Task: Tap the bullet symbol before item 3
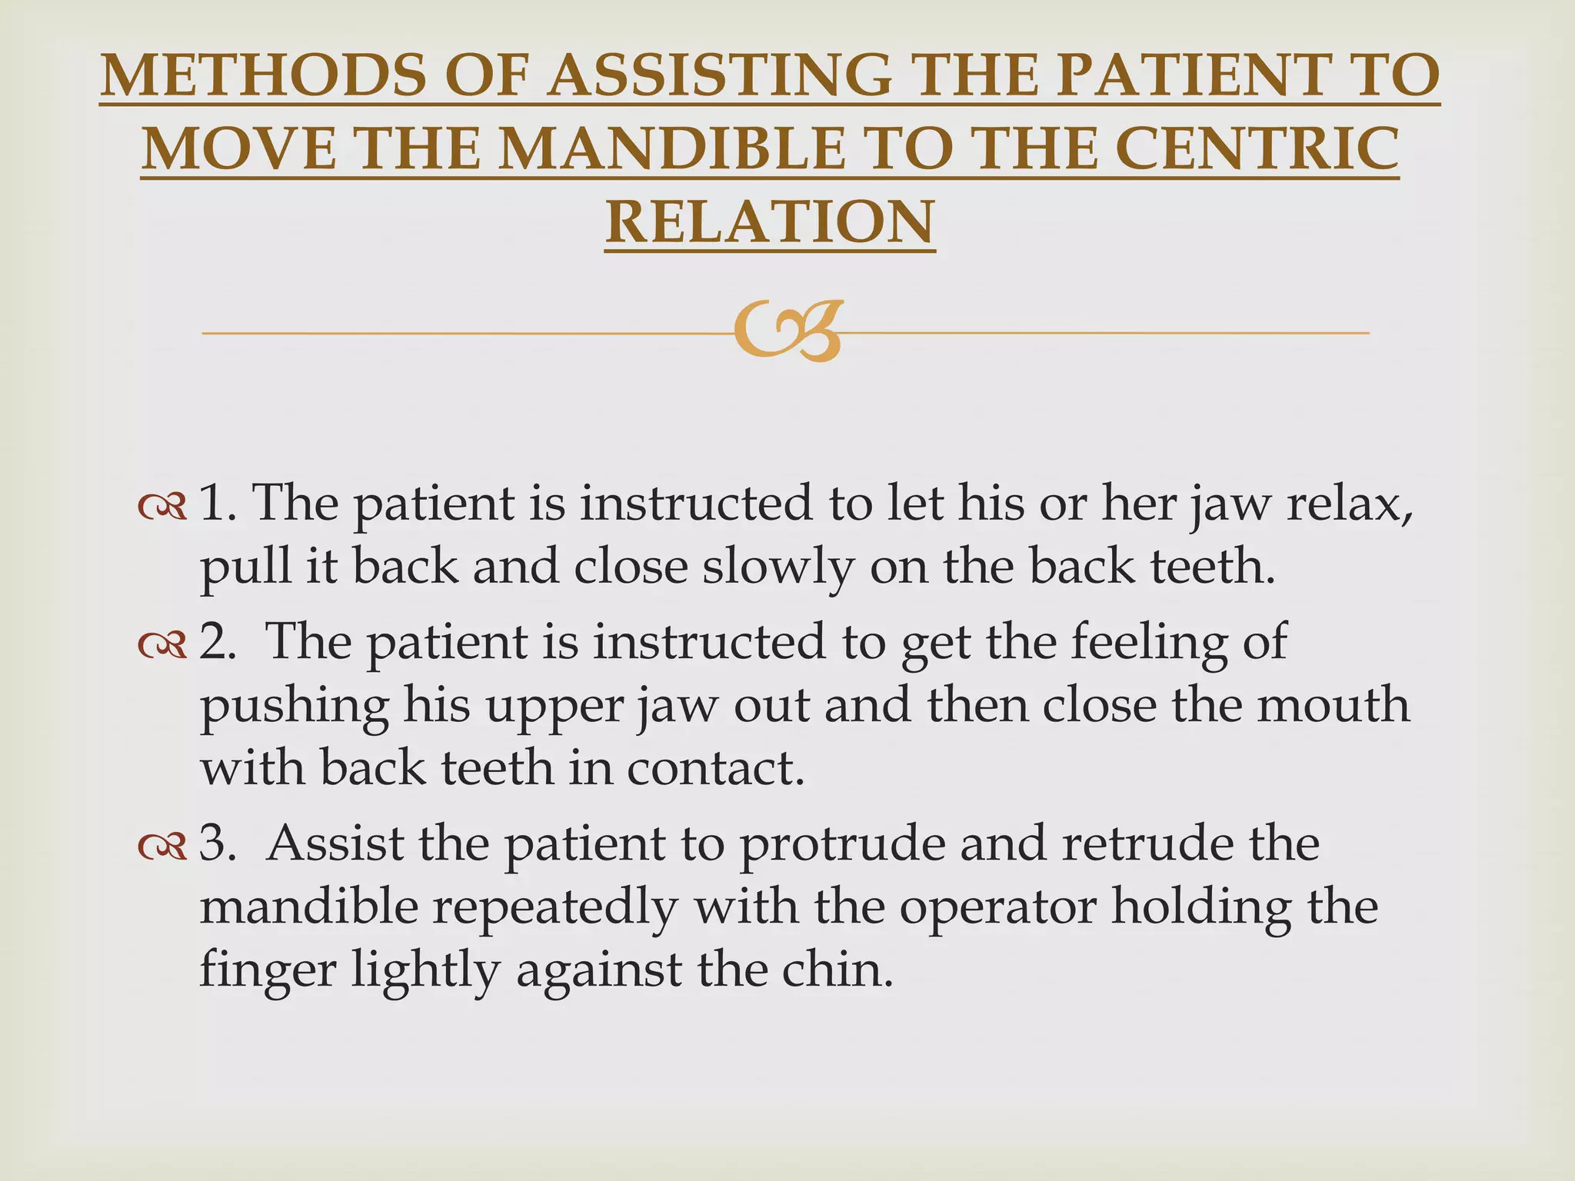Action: pyautogui.click(x=162, y=847)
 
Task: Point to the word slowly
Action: pyautogui.click(x=778, y=567)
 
